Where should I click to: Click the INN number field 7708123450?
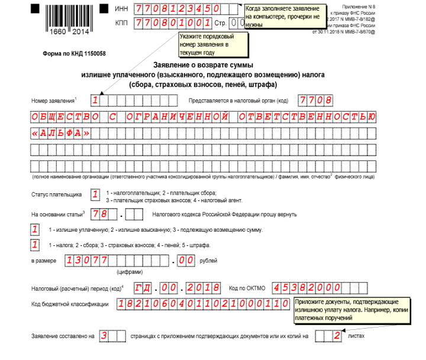[x=178, y=9]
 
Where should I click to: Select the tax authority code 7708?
[x=315, y=100]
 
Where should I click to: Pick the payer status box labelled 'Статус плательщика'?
[x=95, y=194]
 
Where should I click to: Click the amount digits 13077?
[x=86, y=260]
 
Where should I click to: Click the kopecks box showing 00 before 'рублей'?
[x=186, y=260]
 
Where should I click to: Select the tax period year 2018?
[x=203, y=288]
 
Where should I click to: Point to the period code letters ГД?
[x=142, y=288]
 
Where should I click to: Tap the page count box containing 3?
[x=104, y=336]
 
